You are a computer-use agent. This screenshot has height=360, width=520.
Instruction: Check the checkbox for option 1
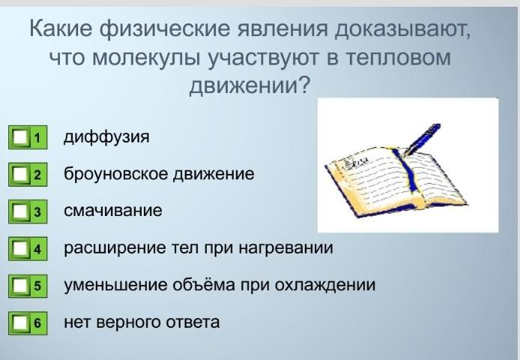[x=20, y=137]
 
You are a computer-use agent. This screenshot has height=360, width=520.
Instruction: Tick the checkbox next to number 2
[x=20, y=174]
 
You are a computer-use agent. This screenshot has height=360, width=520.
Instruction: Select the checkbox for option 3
[x=20, y=211]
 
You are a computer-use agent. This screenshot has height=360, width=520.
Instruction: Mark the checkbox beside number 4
[x=20, y=248]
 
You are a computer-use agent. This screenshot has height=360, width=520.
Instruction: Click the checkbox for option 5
[x=20, y=286]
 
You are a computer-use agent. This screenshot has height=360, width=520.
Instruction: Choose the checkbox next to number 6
[x=20, y=322]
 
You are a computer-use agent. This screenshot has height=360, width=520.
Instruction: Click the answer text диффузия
[x=106, y=136]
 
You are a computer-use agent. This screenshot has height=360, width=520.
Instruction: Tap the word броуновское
[x=116, y=174]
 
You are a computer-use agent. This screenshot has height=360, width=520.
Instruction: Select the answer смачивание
[x=112, y=211]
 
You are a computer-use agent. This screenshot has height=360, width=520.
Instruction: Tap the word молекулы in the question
[x=146, y=58]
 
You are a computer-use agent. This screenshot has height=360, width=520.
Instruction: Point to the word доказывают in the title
[x=402, y=28]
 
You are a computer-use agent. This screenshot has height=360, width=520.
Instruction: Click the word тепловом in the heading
[x=399, y=57]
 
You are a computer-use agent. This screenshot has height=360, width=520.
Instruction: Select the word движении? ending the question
[x=250, y=85]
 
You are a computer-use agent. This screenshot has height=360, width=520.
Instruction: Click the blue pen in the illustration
[x=423, y=139]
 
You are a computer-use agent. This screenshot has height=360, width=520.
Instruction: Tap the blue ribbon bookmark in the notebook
[x=408, y=170]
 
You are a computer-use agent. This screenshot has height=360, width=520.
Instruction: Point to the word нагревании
[x=286, y=248]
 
